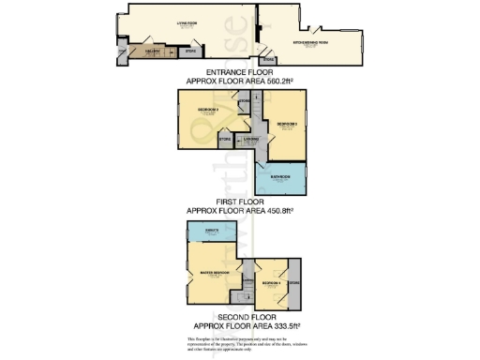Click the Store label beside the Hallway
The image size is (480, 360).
click(189, 52)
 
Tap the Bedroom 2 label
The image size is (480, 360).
click(207, 111)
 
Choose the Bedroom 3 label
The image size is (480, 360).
click(287, 124)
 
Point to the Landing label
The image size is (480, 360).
click(250, 140)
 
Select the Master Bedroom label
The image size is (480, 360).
click(216, 273)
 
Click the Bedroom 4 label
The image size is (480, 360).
click(271, 282)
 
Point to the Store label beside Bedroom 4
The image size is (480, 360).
click(294, 282)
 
